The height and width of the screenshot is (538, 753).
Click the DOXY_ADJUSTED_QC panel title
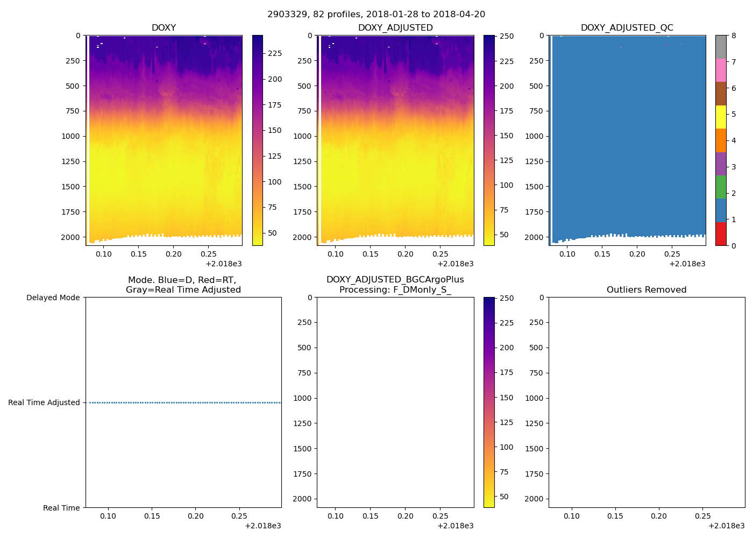tap(627, 28)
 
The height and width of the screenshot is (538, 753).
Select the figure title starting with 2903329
tap(376, 15)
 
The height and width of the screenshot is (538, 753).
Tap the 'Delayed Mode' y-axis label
tap(53, 298)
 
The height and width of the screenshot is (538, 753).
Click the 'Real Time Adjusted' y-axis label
tap(44, 402)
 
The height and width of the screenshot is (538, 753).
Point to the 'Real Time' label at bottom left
tap(61, 508)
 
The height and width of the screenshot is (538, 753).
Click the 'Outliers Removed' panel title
tap(647, 290)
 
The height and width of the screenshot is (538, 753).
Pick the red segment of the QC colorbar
tap(721, 233)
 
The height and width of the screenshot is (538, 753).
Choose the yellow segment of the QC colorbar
tap(721, 117)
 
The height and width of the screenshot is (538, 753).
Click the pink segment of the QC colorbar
tap(721, 70)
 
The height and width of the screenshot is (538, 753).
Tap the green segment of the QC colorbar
tap(721, 187)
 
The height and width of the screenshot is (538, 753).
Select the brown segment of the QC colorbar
tap(721, 94)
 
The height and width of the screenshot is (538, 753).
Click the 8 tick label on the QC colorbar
tap(734, 36)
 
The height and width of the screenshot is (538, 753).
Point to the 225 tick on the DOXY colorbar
tap(275, 53)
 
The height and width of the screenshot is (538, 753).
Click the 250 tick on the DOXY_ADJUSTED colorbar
tap(506, 36)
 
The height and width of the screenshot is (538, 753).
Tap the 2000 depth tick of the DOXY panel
tap(70, 237)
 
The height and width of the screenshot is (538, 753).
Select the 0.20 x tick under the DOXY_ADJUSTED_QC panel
tap(637, 254)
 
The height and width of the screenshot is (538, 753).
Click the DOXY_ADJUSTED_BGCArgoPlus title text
tap(395, 280)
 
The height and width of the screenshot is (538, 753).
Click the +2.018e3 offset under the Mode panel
tap(262, 526)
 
